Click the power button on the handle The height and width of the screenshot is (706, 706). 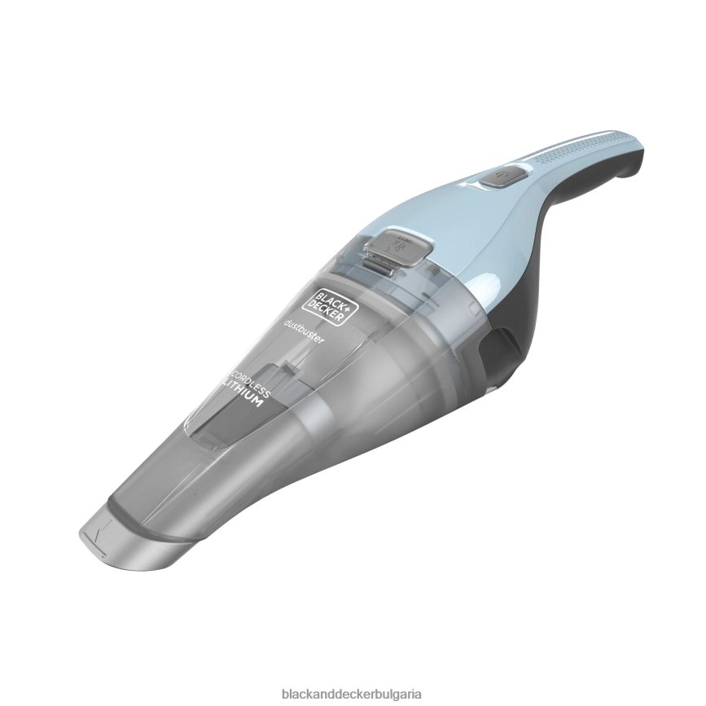(x=492, y=175)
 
